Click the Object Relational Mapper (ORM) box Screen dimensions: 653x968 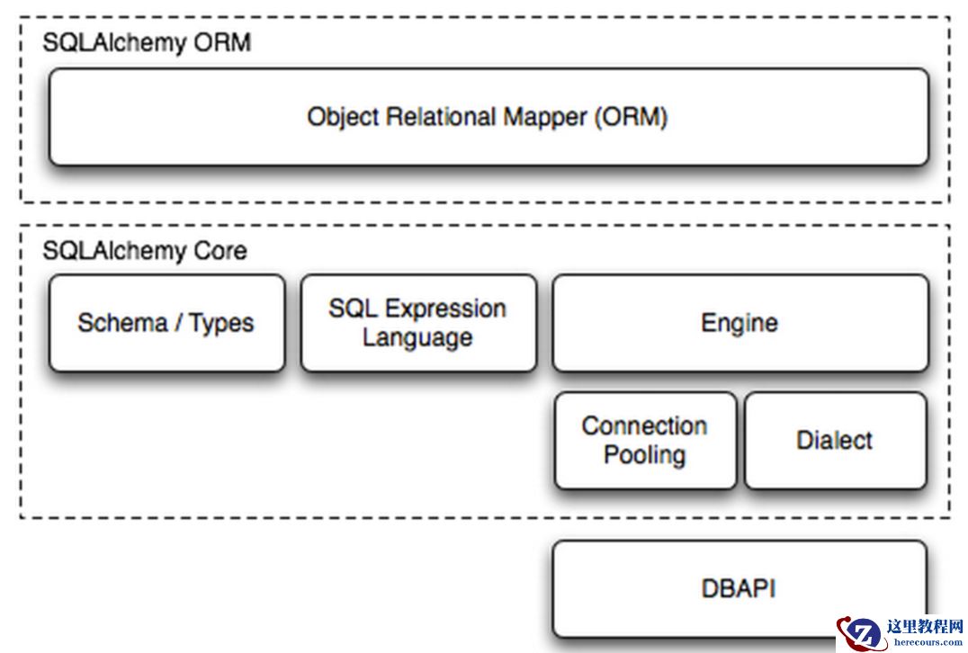click(488, 117)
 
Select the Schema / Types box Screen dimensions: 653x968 click(166, 323)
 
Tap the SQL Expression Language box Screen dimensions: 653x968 click(418, 323)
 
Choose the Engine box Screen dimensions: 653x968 click(739, 323)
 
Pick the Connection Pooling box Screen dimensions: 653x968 click(644, 440)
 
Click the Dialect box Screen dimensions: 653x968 click(835, 440)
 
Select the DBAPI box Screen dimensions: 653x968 click(739, 588)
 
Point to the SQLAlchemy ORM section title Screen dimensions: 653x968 click(147, 42)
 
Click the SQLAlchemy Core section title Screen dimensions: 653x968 click(145, 251)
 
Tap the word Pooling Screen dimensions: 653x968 click(644, 455)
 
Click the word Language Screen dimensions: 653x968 click(417, 338)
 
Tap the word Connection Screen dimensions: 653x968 click(644, 425)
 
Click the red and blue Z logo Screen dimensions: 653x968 click(860, 633)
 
